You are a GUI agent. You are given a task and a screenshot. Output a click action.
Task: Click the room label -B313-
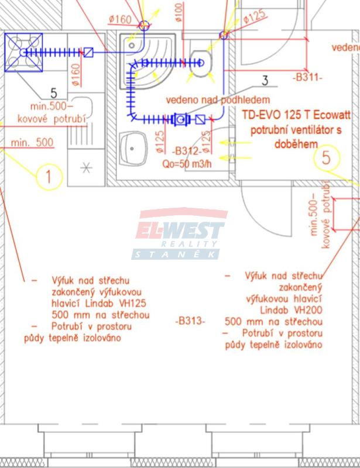click(x=190, y=321)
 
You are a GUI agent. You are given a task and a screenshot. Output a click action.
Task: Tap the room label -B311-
click(x=307, y=77)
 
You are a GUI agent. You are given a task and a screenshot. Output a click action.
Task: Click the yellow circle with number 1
click(x=49, y=177)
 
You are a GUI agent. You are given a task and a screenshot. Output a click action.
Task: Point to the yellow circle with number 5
click(x=327, y=157)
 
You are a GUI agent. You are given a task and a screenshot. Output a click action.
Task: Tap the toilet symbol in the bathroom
click(x=200, y=59)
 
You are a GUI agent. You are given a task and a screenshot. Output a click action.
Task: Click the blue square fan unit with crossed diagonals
click(x=24, y=51)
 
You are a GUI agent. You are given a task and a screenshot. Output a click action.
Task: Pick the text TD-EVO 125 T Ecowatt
click(x=292, y=115)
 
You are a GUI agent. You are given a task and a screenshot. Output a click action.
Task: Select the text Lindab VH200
click(x=290, y=311)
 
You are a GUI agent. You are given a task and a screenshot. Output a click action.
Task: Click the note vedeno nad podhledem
click(x=218, y=100)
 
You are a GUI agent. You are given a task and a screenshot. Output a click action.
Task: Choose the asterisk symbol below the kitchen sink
click(x=87, y=168)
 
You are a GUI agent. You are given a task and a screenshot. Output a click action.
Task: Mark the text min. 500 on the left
click(x=32, y=142)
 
